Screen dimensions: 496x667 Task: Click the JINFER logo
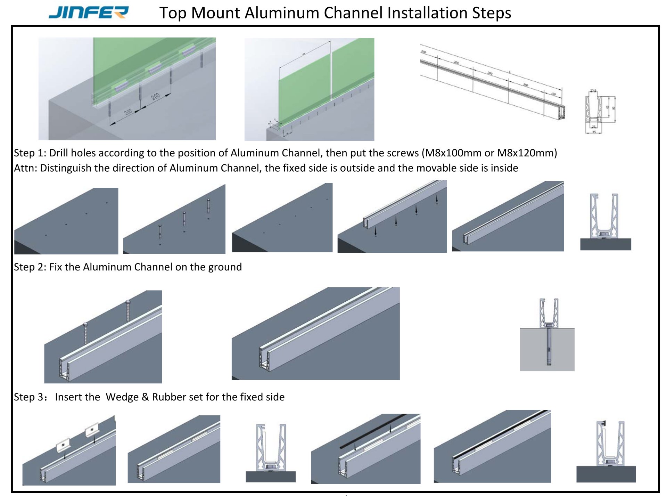[x=89, y=13]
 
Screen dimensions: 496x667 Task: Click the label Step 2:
[x=30, y=267]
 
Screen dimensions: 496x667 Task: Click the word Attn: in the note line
[x=25, y=168]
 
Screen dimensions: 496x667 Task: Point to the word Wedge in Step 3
[x=122, y=397]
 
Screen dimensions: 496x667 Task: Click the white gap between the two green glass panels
[x=331, y=70]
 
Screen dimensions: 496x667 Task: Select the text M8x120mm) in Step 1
[x=527, y=153]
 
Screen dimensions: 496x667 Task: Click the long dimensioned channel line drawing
[x=492, y=82]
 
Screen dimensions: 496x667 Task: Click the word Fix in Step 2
[x=56, y=267]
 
